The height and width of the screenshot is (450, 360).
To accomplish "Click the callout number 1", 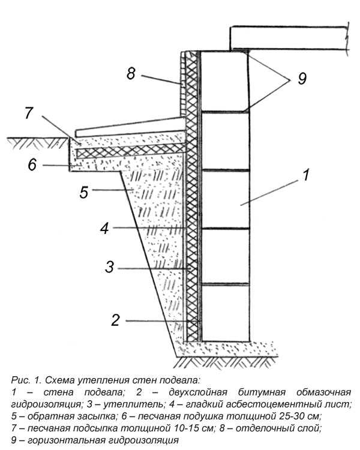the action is pyautogui.click(x=307, y=175).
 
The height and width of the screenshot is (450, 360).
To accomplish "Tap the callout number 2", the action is pyautogui.click(x=115, y=320).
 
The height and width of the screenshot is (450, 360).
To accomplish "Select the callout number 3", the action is pyautogui.click(x=109, y=267).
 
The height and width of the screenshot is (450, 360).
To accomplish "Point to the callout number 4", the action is pyautogui.click(x=105, y=228).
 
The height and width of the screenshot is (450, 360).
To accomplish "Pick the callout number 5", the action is pyautogui.click(x=84, y=192).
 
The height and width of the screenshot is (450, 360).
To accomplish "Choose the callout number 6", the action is pyautogui.click(x=32, y=165).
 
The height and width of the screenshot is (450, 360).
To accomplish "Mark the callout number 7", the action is pyautogui.click(x=29, y=113).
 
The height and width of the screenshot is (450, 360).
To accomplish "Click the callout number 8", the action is pyautogui.click(x=131, y=73).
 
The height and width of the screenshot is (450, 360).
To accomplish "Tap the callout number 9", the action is pyautogui.click(x=302, y=79).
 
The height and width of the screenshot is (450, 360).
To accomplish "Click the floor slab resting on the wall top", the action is pyautogui.click(x=289, y=38).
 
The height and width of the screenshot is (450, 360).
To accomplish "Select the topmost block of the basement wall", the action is pyautogui.click(x=224, y=81).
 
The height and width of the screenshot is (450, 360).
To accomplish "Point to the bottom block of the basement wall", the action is pyautogui.click(x=226, y=313).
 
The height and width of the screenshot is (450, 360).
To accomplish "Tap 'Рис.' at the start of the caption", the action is pyautogui.click(x=20, y=380).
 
